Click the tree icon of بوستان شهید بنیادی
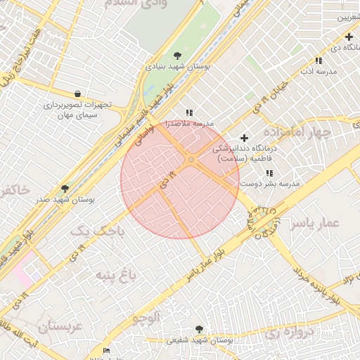click(x=176, y=56)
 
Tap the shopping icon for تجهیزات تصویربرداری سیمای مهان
click(x=77, y=94)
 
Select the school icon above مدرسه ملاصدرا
click(x=188, y=112)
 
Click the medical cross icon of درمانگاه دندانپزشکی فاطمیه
click(x=244, y=138)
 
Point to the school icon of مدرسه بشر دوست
click(x=269, y=173)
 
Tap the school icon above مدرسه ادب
click(x=319, y=60)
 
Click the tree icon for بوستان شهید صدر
click(x=65, y=188)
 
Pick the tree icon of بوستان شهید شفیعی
click(x=200, y=328)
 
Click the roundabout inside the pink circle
click(x=191, y=160)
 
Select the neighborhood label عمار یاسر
click(x=315, y=223)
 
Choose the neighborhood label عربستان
click(x=60, y=326)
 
